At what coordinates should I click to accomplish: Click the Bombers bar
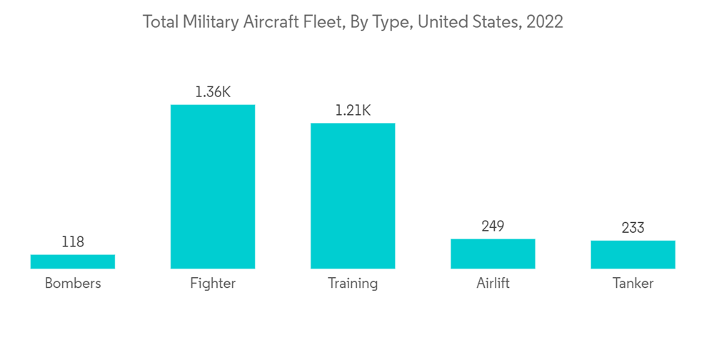pyautogui.click(x=73, y=261)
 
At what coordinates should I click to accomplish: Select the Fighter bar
pyautogui.click(x=213, y=186)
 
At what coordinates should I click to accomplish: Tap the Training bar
pyautogui.click(x=353, y=196)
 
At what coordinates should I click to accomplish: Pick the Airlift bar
pyautogui.click(x=493, y=254)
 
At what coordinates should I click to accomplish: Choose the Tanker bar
pyautogui.click(x=633, y=254)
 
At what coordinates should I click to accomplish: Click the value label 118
pyautogui.click(x=73, y=242)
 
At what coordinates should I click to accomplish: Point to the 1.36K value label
pyautogui.click(x=213, y=92)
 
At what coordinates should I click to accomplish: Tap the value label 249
pyautogui.click(x=493, y=226)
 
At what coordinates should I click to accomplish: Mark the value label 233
pyautogui.click(x=633, y=228)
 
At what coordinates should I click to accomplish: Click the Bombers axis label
pyautogui.click(x=73, y=284)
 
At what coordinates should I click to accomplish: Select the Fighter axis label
pyautogui.click(x=213, y=284)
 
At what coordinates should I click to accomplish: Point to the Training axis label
pyautogui.click(x=353, y=284)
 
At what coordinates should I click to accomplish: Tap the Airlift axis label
pyautogui.click(x=493, y=284)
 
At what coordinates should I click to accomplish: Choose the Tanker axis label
pyautogui.click(x=633, y=284)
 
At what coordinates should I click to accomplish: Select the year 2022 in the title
pyautogui.click(x=545, y=22)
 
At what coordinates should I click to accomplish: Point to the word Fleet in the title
pyautogui.click(x=318, y=22)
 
